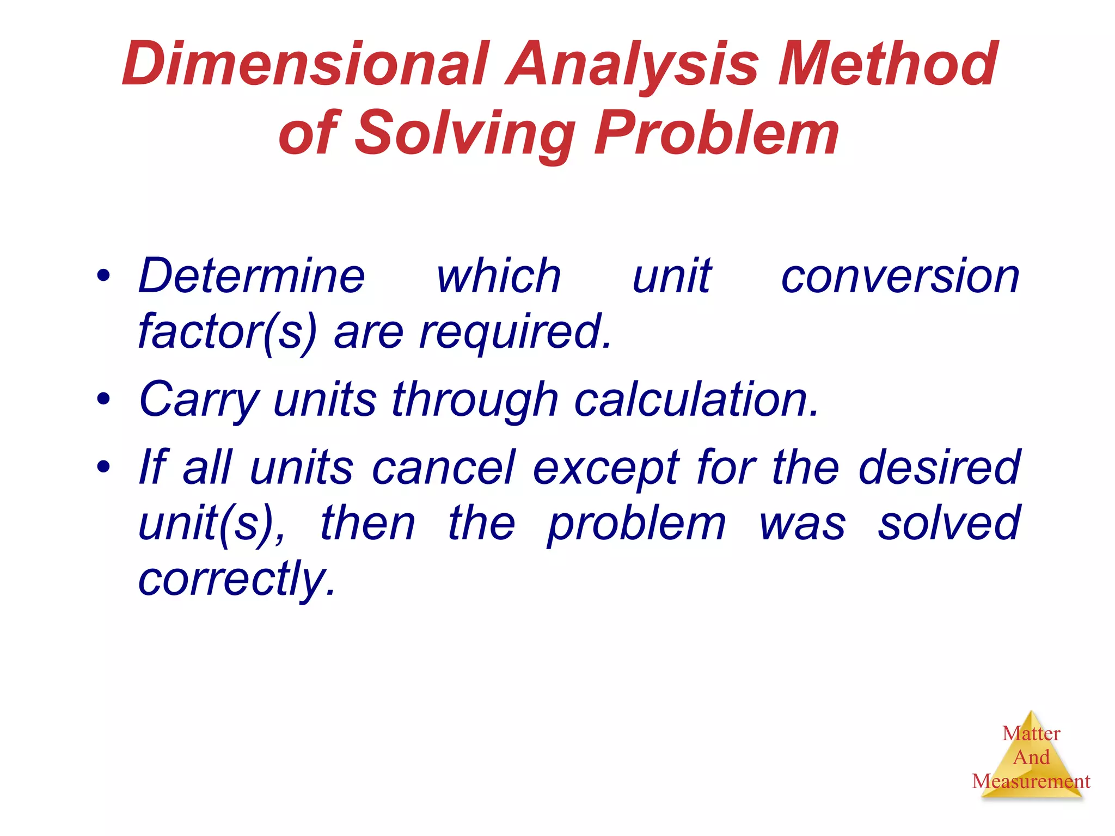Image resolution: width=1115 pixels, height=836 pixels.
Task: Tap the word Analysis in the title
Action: (632, 64)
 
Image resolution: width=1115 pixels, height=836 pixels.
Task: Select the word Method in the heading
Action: (887, 64)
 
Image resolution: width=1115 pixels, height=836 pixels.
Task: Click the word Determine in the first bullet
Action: (251, 276)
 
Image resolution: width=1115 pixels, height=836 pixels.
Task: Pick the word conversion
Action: (899, 276)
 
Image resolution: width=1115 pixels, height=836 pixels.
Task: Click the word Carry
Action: (198, 400)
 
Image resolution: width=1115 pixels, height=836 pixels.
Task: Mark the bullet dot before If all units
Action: (103, 467)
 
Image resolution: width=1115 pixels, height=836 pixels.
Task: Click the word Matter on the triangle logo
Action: (1031, 734)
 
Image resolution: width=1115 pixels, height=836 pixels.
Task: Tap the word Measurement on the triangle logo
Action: (1031, 782)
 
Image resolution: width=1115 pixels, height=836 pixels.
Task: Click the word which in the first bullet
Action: (498, 276)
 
